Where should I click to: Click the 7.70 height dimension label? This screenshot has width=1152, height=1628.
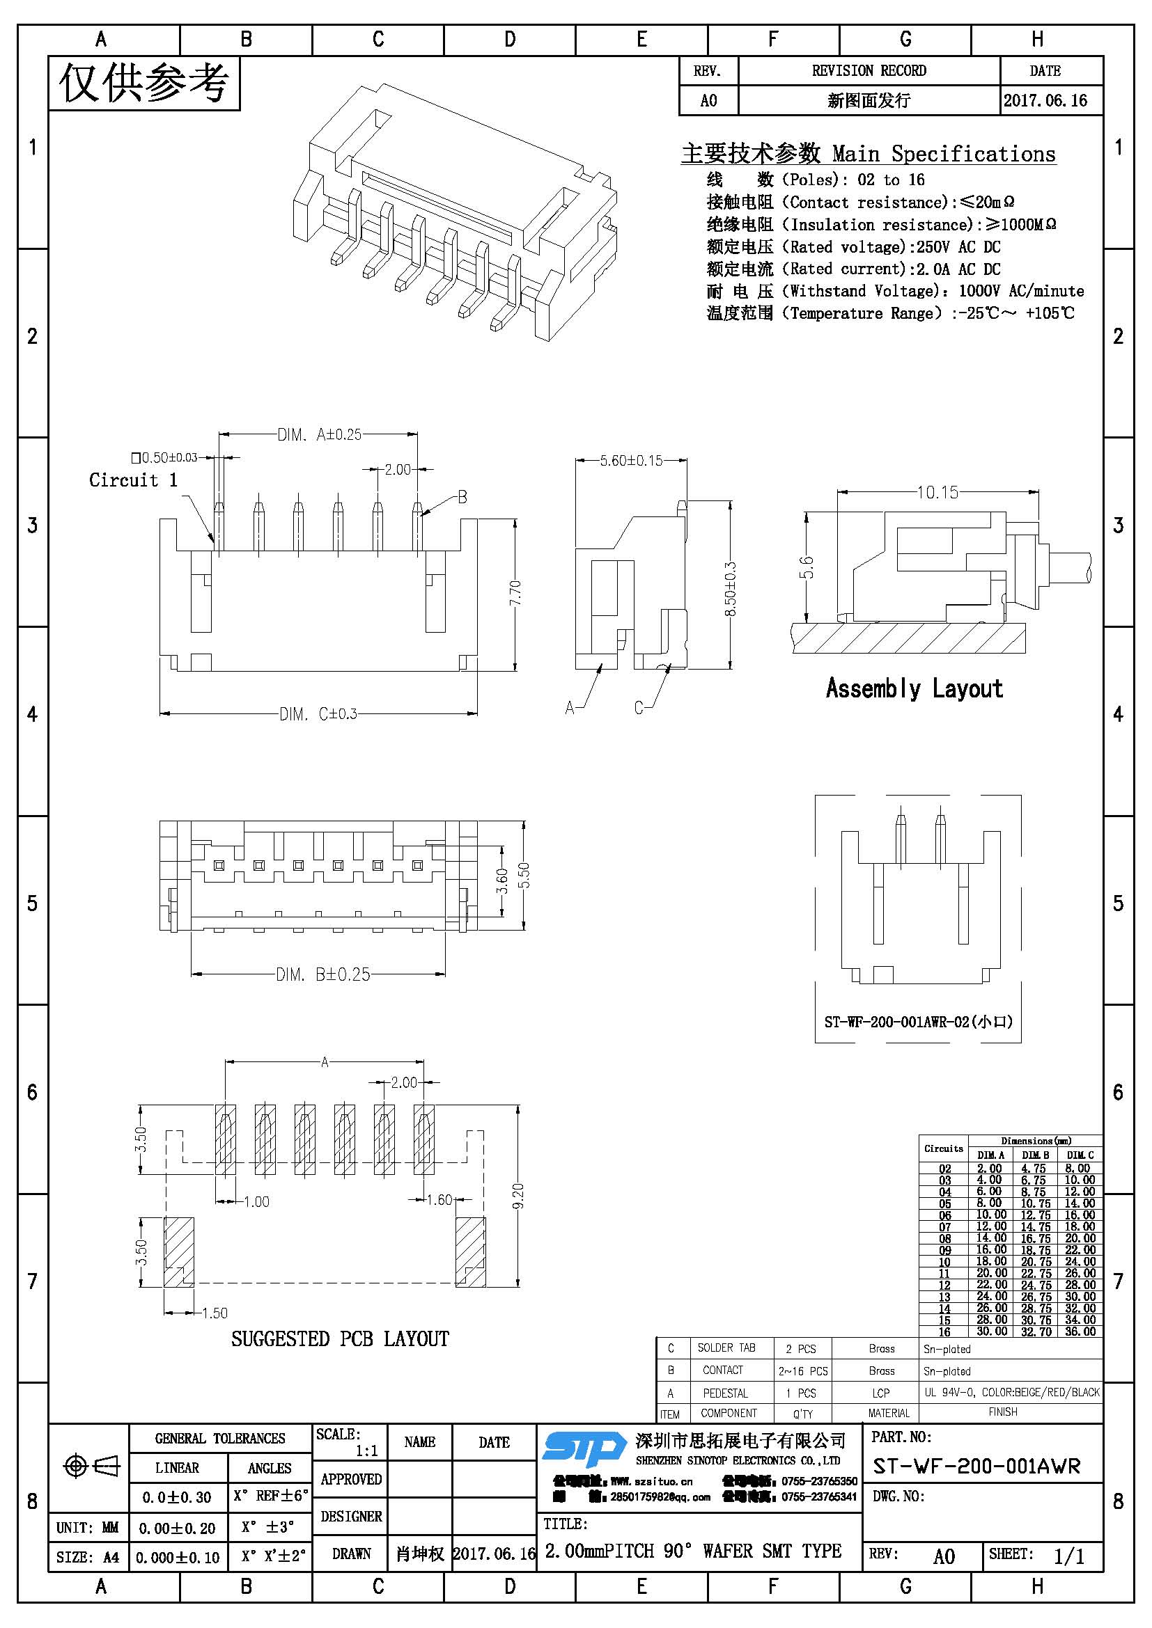click(515, 593)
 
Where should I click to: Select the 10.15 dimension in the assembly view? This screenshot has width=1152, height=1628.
click(937, 492)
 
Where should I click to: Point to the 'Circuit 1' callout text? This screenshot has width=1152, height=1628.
click(133, 480)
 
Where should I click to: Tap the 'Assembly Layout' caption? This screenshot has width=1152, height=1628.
click(914, 688)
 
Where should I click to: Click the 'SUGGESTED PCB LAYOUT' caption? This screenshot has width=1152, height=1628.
click(340, 1338)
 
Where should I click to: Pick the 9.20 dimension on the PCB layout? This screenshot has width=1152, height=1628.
click(519, 1196)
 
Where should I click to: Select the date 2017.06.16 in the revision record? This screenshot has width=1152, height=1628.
click(1045, 101)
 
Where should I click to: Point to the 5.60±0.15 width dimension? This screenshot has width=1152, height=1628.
click(631, 461)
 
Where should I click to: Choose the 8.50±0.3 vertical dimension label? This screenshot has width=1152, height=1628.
click(731, 590)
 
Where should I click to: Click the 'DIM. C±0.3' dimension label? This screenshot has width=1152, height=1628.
click(318, 714)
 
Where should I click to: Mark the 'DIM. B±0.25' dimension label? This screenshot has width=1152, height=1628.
click(323, 975)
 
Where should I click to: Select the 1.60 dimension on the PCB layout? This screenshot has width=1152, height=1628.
click(439, 1200)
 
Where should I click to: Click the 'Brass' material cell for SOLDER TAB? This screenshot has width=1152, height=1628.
click(882, 1349)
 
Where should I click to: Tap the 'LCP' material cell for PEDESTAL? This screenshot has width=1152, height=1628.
click(881, 1393)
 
